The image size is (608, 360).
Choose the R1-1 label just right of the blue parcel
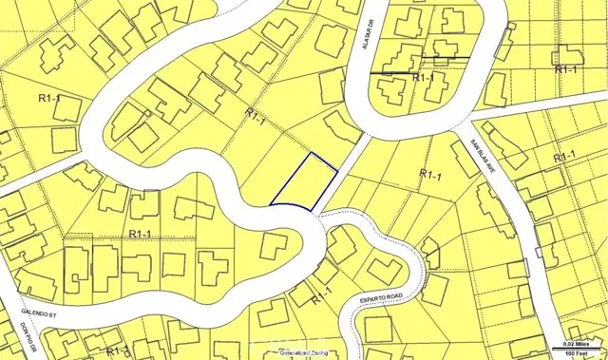432,173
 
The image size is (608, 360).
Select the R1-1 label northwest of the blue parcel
255,115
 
